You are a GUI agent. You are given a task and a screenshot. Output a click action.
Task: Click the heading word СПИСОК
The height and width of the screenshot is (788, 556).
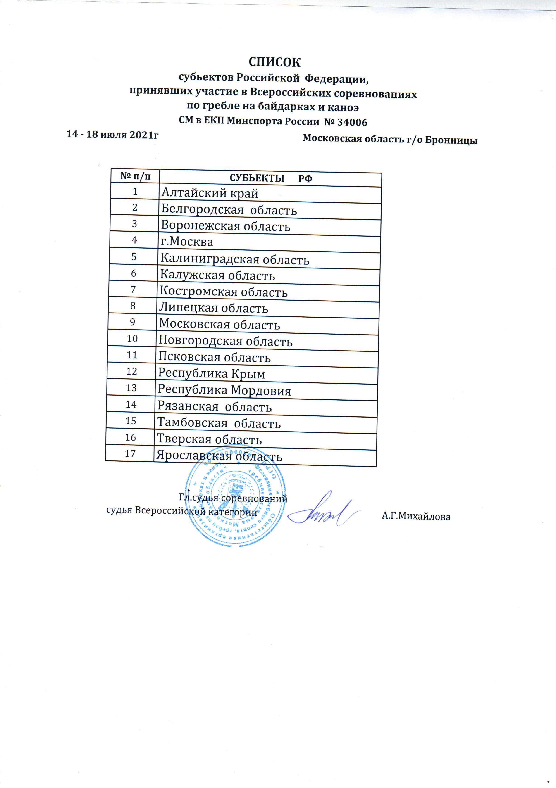[x=274, y=62]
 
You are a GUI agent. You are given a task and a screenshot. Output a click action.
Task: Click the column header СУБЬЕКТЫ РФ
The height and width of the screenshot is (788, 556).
[x=271, y=178]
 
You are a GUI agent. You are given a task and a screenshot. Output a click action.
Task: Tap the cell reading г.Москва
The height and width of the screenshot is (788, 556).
[x=187, y=242]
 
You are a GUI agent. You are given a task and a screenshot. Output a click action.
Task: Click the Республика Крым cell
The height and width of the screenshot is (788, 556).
[x=212, y=374]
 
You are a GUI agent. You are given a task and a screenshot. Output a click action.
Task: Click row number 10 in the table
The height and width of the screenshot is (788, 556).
[x=132, y=339]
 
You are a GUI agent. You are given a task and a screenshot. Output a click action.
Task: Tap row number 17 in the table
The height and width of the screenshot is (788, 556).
[x=130, y=454]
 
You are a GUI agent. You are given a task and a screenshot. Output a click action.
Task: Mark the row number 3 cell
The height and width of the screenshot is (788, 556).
[x=134, y=224]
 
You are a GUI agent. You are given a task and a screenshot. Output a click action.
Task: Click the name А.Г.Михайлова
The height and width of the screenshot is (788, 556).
[x=416, y=517]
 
